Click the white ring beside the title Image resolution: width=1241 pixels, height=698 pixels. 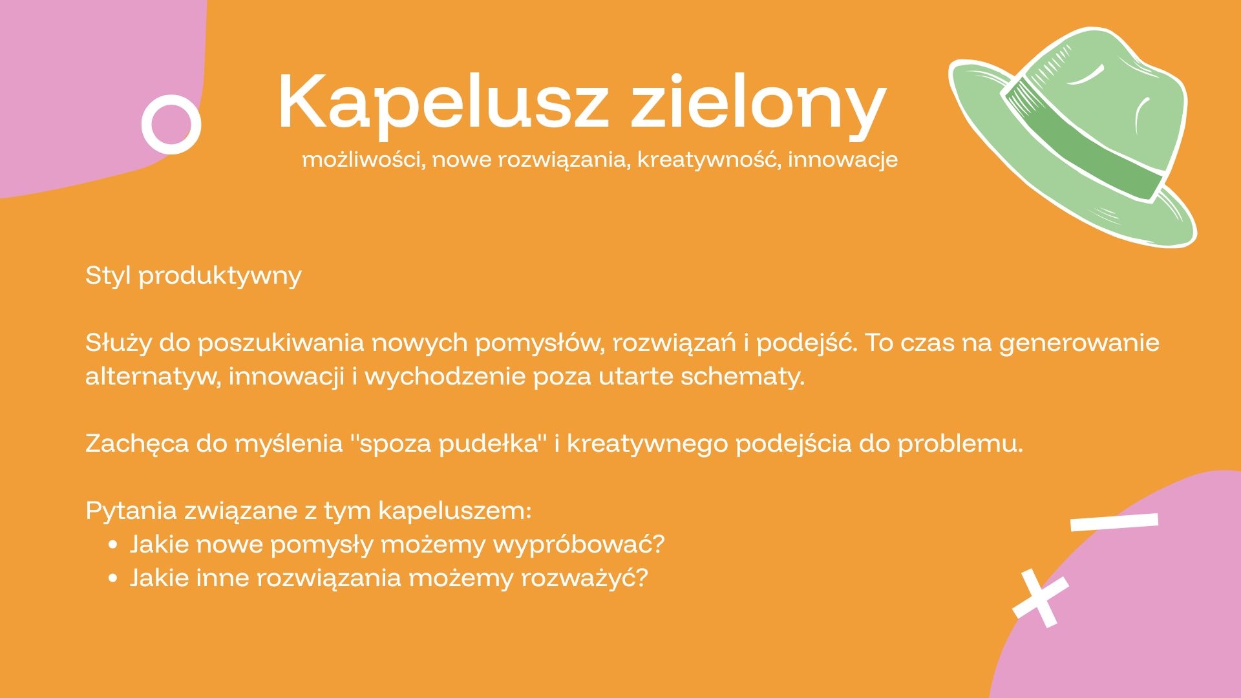[171, 124]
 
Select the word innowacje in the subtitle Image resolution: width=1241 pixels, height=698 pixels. [843, 160]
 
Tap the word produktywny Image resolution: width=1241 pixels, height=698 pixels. [220, 277]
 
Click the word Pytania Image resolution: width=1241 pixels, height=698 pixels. [131, 511]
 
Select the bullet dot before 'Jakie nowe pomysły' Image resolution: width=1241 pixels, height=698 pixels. [114, 545]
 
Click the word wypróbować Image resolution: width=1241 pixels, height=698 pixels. [578, 545]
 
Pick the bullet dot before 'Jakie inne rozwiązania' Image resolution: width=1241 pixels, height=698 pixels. [114, 578]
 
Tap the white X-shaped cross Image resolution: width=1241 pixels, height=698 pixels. [1041, 598]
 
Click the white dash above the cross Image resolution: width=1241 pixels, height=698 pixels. [1114, 522]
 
